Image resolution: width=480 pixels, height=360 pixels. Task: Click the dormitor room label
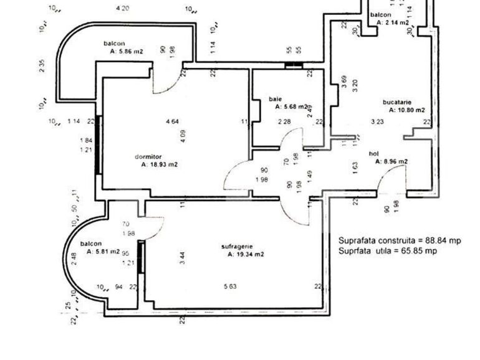point(148,156)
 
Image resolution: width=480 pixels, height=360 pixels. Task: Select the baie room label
point(275,99)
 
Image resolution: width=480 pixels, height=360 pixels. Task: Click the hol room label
point(374,153)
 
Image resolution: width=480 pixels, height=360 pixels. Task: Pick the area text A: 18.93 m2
point(160,165)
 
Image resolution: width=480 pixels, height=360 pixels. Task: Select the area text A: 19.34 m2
point(246,254)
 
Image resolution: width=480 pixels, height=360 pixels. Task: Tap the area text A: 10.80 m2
point(406,110)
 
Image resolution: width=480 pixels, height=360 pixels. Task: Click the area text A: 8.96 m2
point(391,161)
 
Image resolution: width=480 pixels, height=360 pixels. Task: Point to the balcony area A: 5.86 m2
point(126,52)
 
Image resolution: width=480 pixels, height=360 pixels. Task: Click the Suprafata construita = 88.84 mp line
point(400,240)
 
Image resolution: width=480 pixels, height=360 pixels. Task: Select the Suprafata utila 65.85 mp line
point(387,250)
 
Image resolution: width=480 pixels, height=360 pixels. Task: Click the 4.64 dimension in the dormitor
point(172,121)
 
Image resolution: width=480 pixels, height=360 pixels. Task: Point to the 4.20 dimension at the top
point(123,8)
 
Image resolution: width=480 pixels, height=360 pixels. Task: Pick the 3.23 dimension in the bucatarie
point(377,121)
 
